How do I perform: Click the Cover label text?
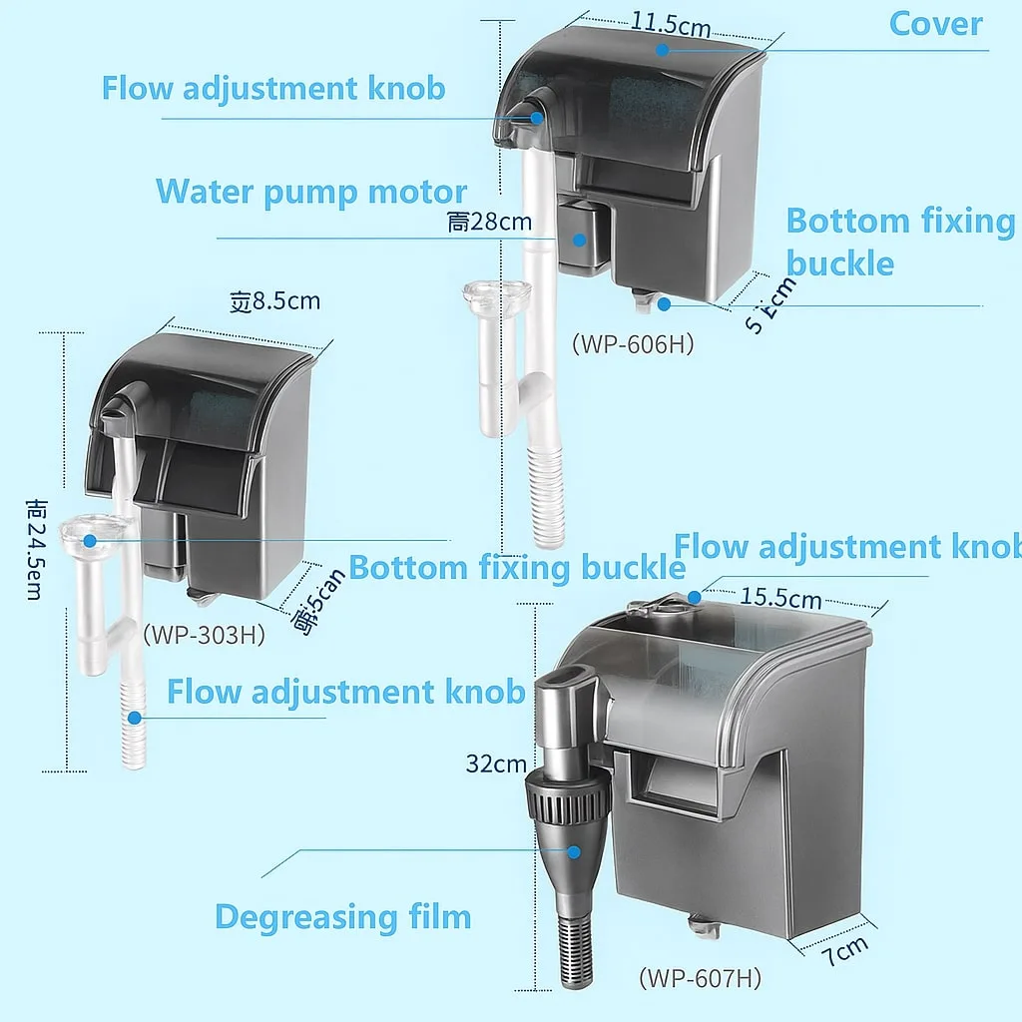[935, 24]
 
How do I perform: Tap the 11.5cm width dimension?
[671, 25]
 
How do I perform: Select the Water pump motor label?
[310, 192]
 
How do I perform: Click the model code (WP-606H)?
[632, 344]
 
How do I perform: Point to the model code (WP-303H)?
[204, 634]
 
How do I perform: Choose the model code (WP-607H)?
[700, 978]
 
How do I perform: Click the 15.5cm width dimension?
[780, 598]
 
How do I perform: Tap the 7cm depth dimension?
[844, 949]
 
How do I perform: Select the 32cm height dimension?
[495, 765]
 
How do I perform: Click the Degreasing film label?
[342, 916]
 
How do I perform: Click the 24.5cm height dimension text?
[34, 549]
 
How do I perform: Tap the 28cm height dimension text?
[489, 222]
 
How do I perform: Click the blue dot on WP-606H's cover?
[661, 47]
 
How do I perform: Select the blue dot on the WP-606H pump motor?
[578, 240]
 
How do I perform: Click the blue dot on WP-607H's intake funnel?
[574, 851]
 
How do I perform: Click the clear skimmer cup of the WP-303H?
[92, 533]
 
